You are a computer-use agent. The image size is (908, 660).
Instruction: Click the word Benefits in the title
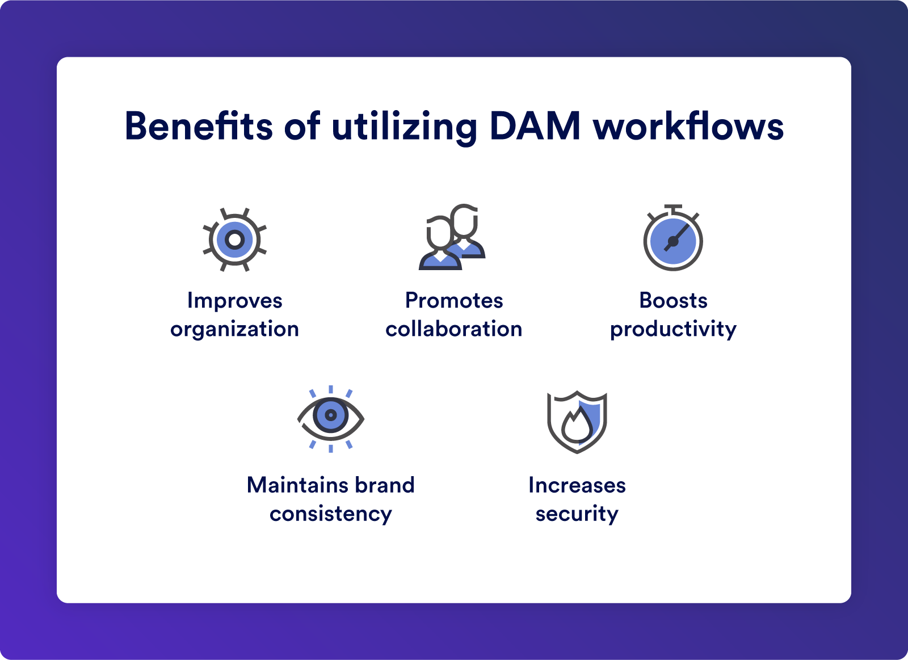click(x=199, y=126)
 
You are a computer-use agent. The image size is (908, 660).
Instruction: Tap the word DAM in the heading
click(x=535, y=126)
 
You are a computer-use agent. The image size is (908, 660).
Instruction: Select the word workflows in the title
click(x=688, y=126)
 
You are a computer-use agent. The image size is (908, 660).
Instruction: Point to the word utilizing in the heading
click(x=404, y=128)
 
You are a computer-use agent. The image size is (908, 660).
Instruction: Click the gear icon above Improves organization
click(x=235, y=239)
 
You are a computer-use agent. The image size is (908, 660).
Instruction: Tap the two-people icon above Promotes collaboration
click(x=452, y=237)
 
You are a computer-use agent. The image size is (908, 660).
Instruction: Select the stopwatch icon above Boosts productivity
click(x=673, y=238)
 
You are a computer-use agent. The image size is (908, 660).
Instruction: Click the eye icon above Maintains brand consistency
click(x=331, y=419)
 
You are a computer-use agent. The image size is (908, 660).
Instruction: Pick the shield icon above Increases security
click(x=577, y=422)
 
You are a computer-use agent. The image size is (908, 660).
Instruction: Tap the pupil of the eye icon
click(x=331, y=415)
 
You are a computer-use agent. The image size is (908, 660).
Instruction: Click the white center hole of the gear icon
click(x=235, y=239)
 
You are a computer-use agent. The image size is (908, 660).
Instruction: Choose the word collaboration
click(x=453, y=328)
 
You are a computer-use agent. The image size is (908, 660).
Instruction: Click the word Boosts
click(x=673, y=300)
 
